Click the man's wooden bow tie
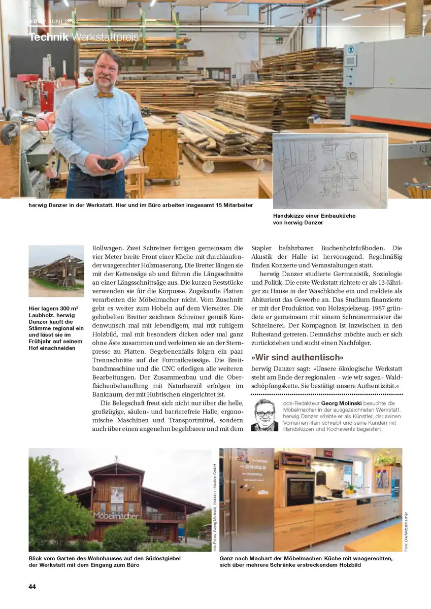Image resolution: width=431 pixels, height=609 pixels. click(x=105, y=95)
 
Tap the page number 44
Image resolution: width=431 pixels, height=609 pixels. click(x=32, y=587)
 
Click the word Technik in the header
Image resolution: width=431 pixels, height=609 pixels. click(x=49, y=38)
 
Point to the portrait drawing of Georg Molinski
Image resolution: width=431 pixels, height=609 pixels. click(x=264, y=415)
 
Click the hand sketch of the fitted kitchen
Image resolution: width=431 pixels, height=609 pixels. click(x=330, y=171)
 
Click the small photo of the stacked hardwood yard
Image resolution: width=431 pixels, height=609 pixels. click(x=56, y=271)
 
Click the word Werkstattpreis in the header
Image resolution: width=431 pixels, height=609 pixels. click(x=105, y=38)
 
